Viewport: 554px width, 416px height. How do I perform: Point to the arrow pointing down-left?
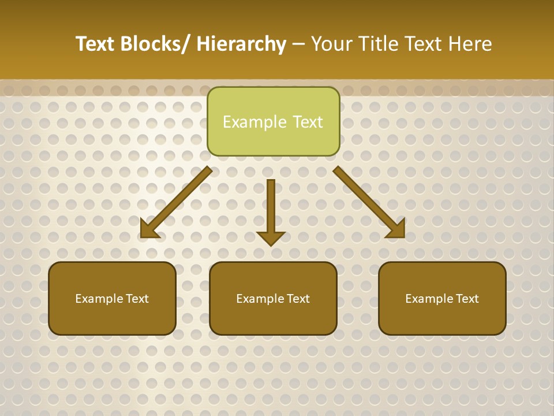(x=177, y=202)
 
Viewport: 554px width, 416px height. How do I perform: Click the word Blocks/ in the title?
(x=155, y=44)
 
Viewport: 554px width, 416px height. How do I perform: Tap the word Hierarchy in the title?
(x=241, y=44)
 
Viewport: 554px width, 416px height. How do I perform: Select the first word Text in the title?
(x=96, y=44)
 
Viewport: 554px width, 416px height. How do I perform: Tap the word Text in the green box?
(x=308, y=122)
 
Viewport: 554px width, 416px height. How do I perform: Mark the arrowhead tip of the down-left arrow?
(x=141, y=237)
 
